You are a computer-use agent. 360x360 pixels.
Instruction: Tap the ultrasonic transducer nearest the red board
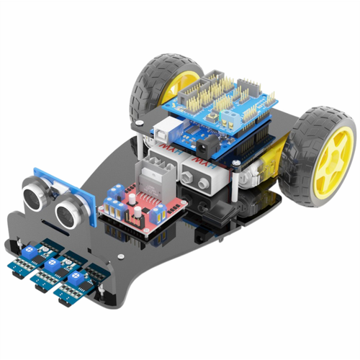69,210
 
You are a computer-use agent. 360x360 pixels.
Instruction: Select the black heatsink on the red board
160,173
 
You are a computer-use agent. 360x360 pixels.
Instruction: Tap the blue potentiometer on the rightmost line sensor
74,275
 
